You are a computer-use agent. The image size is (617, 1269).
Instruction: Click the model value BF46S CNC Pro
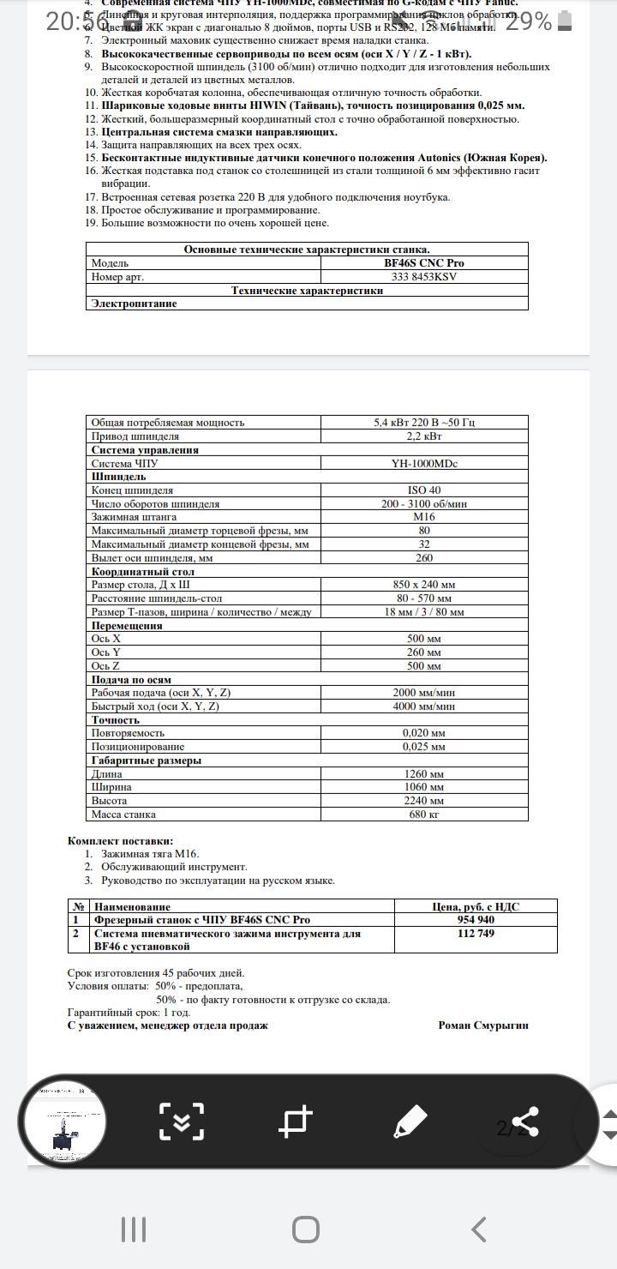[x=424, y=263]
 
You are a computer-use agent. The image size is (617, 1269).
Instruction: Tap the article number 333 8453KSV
[x=424, y=277]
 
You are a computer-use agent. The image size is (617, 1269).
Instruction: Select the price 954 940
[x=476, y=920]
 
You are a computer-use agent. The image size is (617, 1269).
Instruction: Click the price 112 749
[x=476, y=934]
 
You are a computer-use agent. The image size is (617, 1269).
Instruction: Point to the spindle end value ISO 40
[x=424, y=490]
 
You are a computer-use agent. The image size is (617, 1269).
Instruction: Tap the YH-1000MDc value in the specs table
[x=424, y=463]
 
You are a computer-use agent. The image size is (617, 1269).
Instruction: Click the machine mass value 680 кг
[x=424, y=815]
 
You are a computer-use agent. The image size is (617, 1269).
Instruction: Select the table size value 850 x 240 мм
[x=424, y=585]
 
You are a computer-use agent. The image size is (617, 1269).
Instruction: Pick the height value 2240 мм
[x=424, y=801]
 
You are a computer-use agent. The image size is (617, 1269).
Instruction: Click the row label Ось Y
[x=106, y=652]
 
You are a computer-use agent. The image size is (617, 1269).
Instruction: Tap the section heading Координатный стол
[x=143, y=571]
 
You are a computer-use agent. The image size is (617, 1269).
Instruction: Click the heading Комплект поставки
[x=120, y=841]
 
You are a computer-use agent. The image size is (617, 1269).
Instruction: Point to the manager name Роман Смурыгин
[x=483, y=1025]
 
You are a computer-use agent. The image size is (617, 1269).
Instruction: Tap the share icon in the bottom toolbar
[x=524, y=1121]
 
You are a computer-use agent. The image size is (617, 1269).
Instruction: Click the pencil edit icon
[x=410, y=1121]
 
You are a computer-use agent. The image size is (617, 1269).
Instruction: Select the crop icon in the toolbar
[x=297, y=1121]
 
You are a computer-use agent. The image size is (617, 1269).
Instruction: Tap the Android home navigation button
[x=306, y=1230]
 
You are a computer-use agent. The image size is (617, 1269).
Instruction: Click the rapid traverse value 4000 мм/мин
[x=424, y=707]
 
